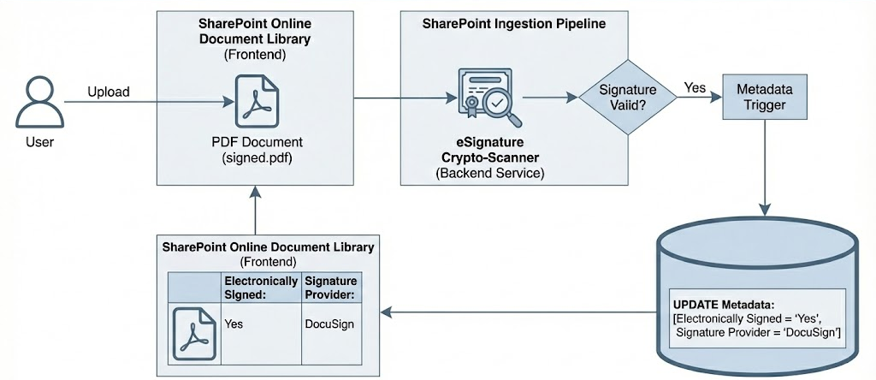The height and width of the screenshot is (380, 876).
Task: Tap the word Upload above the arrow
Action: click(x=109, y=92)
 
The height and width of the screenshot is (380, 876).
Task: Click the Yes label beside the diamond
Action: click(x=695, y=87)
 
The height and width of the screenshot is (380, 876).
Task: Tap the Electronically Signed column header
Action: click(x=260, y=287)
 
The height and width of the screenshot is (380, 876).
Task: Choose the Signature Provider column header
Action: click(x=330, y=287)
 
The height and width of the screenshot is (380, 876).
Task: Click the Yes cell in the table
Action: click(x=233, y=325)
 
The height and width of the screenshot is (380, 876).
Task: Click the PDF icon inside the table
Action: click(x=193, y=330)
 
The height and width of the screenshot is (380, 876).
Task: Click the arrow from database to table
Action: click(x=513, y=314)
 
